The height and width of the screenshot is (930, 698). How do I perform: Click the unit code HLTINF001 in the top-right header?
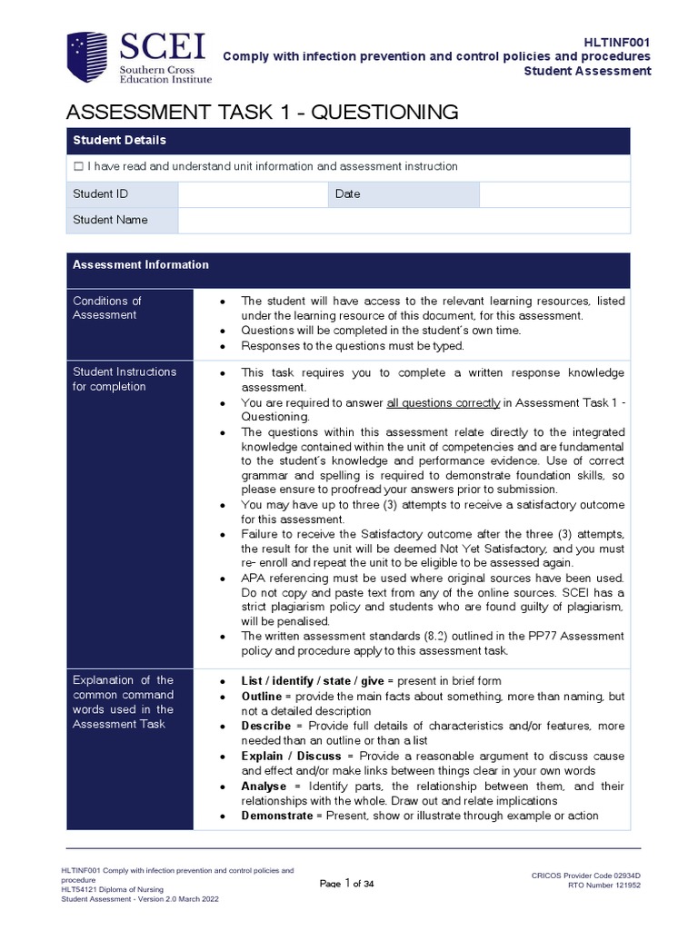pyautogui.click(x=617, y=42)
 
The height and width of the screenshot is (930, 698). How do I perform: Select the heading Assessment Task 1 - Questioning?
pyautogui.click(x=262, y=112)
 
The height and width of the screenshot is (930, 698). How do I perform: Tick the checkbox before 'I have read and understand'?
pyautogui.click(x=78, y=167)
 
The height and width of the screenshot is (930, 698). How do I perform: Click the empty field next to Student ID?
pyautogui.click(x=252, y=194)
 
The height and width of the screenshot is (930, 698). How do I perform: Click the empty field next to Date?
pyautogui.click(x=553, y=194)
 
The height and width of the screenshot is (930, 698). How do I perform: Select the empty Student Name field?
pyautogui.click(x=403, y=220)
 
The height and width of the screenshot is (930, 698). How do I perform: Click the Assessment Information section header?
pyautogui.click(x=141, y=265)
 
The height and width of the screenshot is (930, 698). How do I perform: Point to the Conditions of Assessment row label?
pyautogui.click(x=107, y=308)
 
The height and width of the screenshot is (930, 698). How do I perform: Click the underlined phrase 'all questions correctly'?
pyautogui.click(x=444, y=402)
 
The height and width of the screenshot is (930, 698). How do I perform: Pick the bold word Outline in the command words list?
pyautogui.click(x=263, y=696)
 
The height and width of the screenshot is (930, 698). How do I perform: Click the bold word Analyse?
pyautogui.click(x=264, y=786)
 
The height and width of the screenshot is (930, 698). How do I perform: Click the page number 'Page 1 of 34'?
pyautogui.click(x=348, y=884)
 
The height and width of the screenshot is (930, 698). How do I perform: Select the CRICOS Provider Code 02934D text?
pyautogui.click(x=592, y=876)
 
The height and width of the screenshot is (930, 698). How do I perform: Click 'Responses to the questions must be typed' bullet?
pyautogui.click(x=353, y=345)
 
